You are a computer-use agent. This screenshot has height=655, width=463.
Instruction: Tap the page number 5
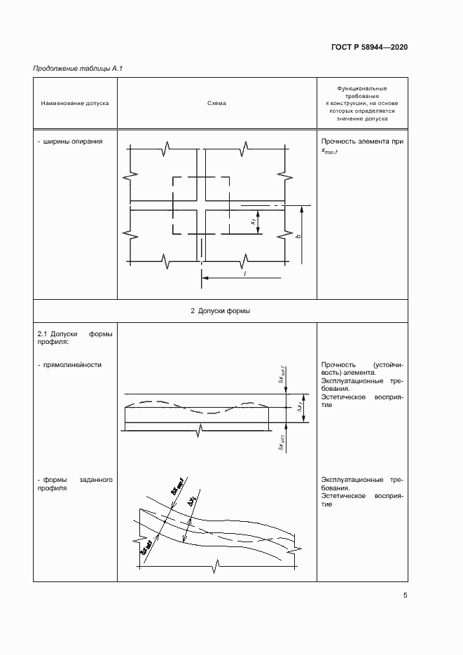coord(406,595)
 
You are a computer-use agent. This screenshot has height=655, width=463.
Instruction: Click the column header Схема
coord(216,103)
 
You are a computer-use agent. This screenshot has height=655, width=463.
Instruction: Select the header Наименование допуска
coord(75,103)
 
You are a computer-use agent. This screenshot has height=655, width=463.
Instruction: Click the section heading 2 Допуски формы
coord(221,310)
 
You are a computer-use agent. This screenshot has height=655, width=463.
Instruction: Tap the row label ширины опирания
coord(71,141)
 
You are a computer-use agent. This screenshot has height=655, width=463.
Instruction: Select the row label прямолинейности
coord(71,365)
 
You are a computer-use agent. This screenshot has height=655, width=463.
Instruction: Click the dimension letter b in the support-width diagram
coord(298,237)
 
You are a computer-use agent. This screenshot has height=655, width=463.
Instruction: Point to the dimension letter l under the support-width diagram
coord(244,273)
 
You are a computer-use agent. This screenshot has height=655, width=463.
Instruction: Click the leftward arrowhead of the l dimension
coord(204,278)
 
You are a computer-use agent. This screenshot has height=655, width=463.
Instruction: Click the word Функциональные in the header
coord(361,89)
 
